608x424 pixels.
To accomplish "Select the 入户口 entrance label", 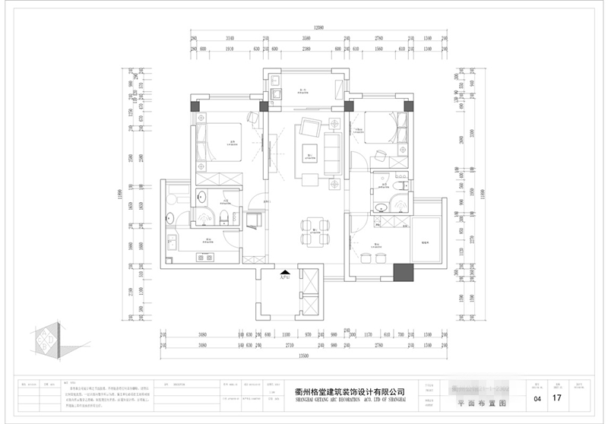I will [284, 277].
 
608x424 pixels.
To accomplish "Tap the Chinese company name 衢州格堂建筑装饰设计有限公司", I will [350, 391].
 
